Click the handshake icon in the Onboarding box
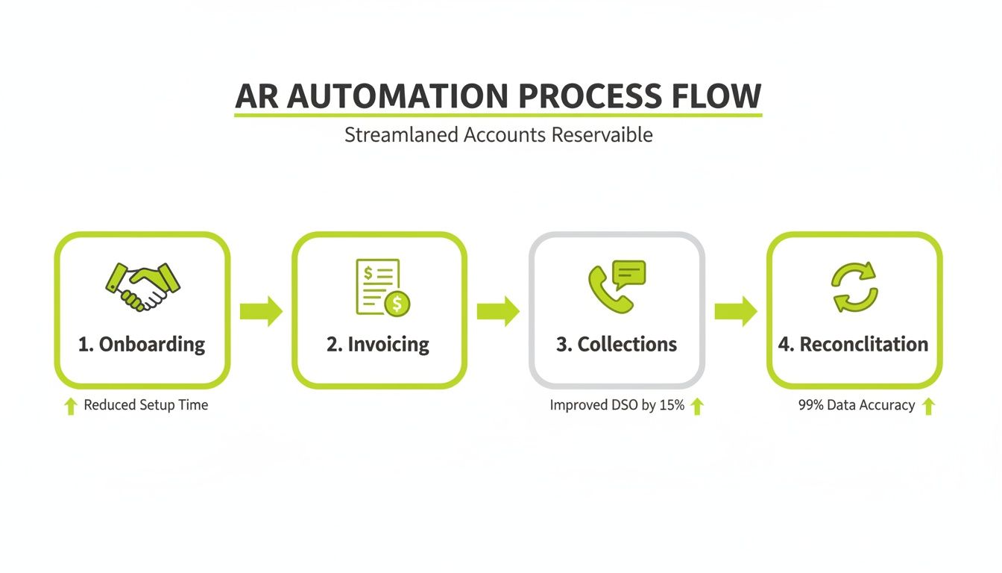(142, 286)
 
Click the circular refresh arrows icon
(854, 287)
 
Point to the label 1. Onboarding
(142, 344)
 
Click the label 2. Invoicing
(378, 344)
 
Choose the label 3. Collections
(617, 344)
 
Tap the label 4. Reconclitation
(854, 344)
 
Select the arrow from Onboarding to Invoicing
(261, 311)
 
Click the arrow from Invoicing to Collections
(498, 311)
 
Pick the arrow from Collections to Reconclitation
(736, 311)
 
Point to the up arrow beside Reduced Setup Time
(71, 406)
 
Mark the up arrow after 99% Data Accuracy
(928, 406)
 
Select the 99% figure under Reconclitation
(811, 405)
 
